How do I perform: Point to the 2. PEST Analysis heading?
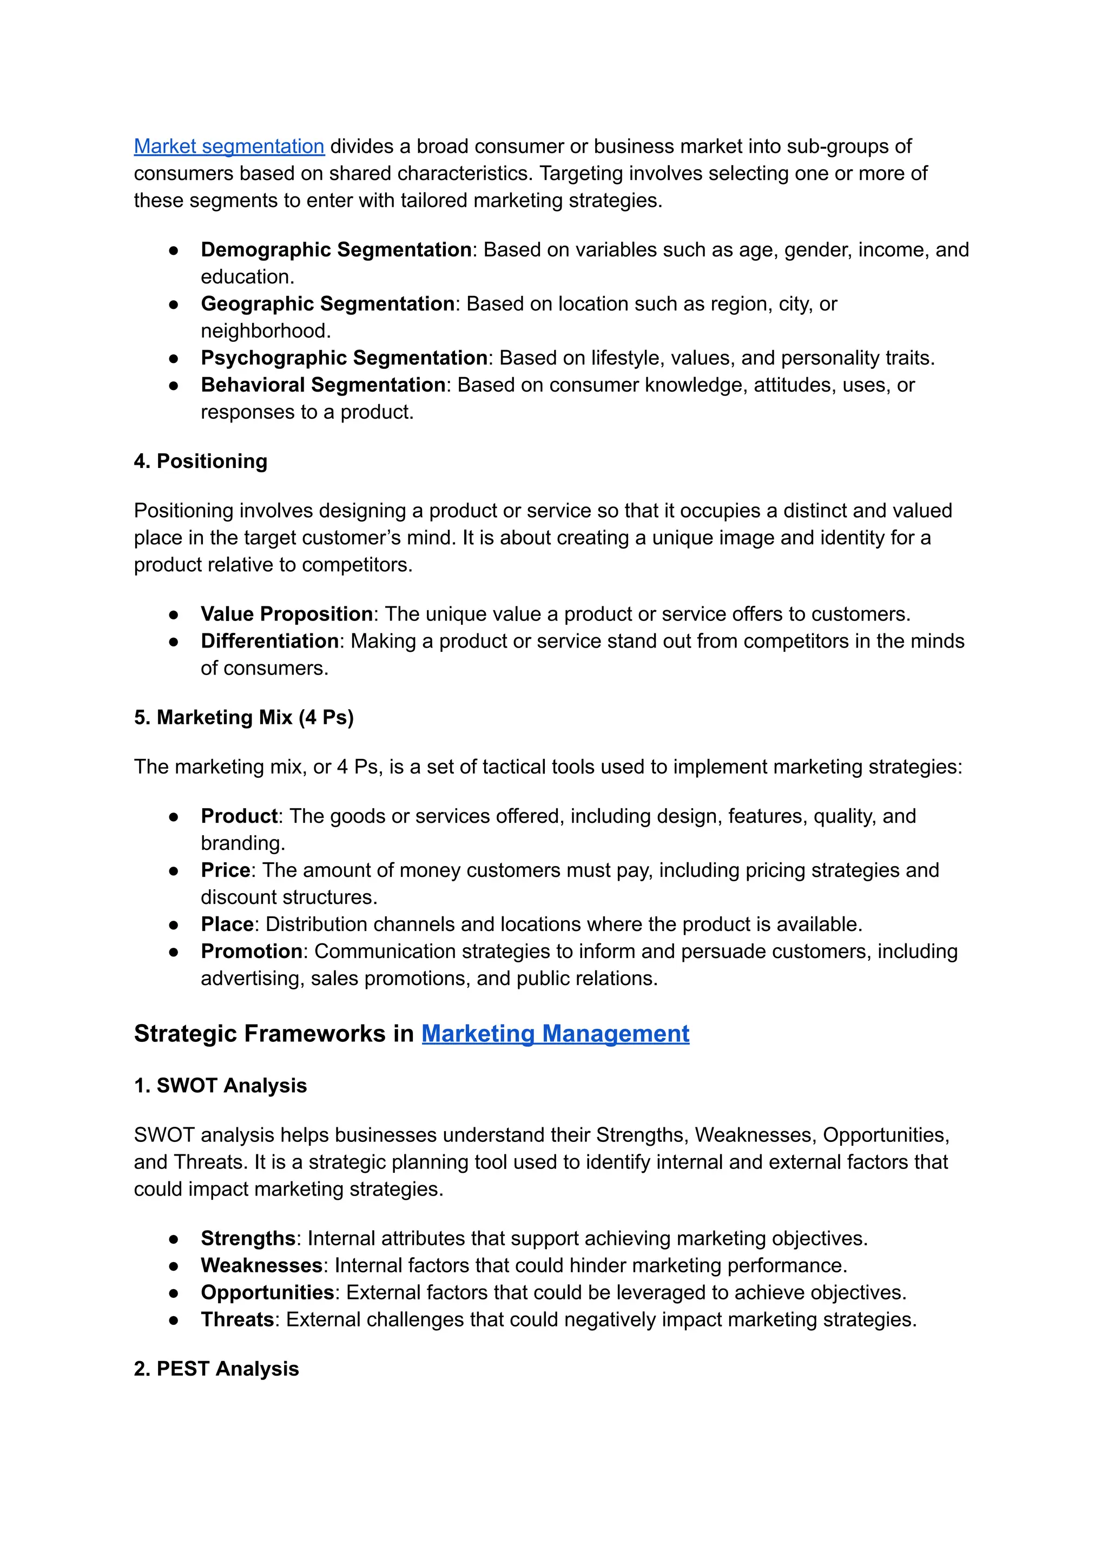tap(216, 1369)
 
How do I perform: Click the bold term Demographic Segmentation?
tap(335, 250)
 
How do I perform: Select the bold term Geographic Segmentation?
tap(327, 303)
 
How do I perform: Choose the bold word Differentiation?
tap(269, 641)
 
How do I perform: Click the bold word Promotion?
tap(251, 951)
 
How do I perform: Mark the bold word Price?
tap(225, 870)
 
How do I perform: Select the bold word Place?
tap(227, 925)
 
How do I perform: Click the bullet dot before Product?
tap(174, 817)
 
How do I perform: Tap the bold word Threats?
tap(237, 1319)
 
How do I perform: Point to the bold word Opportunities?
tap(267, 1292)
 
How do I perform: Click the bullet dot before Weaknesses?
tap(174, 1266)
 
